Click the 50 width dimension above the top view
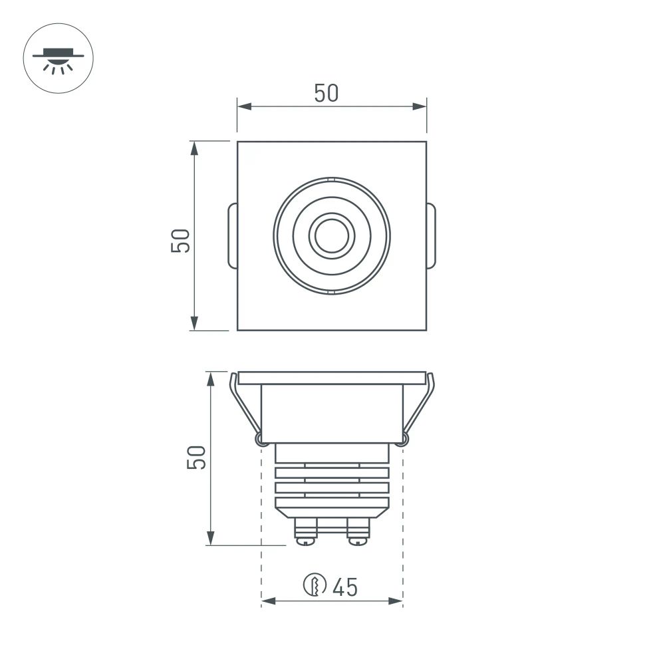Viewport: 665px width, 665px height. click(326, 94)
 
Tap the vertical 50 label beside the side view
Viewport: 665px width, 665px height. click(196, 458)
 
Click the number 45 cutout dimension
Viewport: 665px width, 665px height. click(345, 587)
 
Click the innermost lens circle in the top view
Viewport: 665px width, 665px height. click(331, 235)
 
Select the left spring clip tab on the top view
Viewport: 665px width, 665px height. click(231, 235)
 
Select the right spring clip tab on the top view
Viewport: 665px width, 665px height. click(432, 235)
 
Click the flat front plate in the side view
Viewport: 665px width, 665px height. click(331, 378)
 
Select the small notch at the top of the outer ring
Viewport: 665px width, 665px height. click(331, 179)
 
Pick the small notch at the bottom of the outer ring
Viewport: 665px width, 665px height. click(331, 292)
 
